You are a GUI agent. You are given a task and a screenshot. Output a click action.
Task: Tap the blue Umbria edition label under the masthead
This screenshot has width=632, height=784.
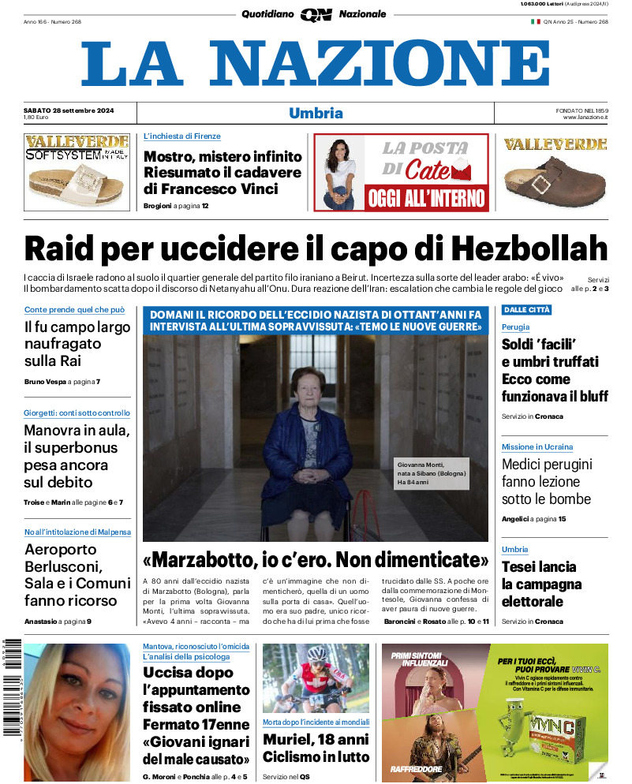click(316, 113)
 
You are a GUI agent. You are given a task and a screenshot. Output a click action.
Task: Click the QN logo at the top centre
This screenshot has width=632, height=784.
click(316, 14)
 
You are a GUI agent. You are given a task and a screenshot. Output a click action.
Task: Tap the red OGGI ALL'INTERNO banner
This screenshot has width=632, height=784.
click(427, 197)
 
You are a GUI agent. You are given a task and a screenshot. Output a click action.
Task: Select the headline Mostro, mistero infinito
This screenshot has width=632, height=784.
click(223, 156)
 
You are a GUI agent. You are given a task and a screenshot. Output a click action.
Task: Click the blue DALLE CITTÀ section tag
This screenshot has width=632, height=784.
click(526, 310)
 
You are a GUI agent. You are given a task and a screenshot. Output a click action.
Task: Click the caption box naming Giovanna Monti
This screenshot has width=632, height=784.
click(432, 473)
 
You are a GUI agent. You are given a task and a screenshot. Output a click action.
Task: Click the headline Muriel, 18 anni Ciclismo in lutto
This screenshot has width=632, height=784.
click(316, 749)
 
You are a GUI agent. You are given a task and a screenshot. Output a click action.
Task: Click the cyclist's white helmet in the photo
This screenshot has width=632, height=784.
click(317, 654)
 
